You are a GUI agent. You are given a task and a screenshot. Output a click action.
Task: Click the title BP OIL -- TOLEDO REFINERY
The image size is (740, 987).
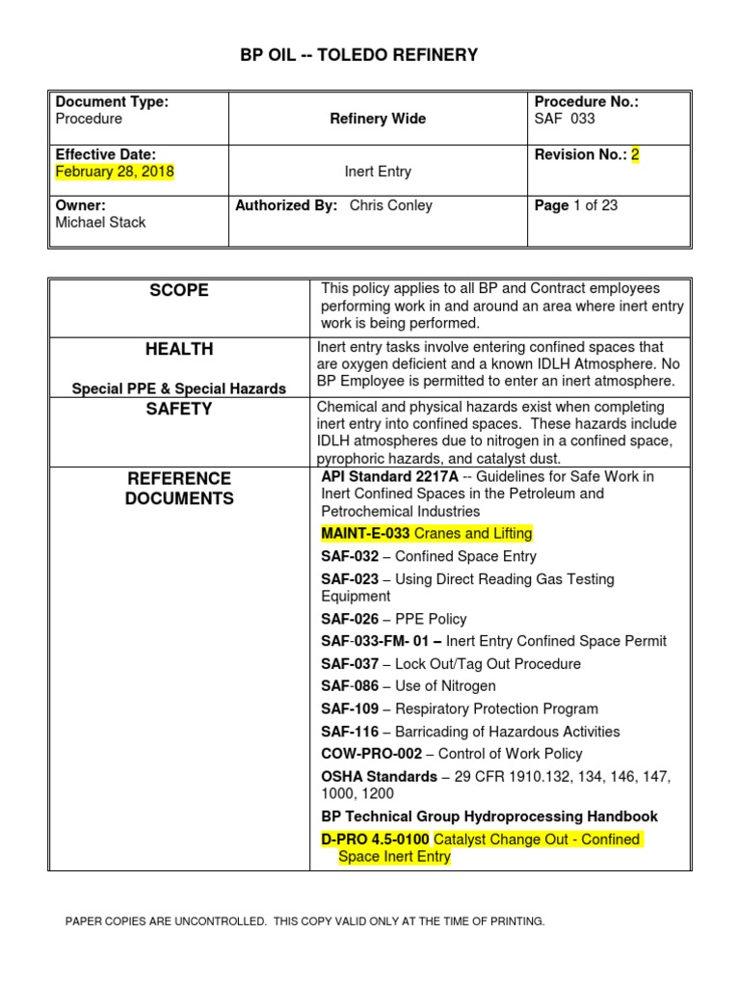point(358,55)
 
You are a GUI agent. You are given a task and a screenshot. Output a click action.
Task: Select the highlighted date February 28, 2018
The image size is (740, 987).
point(115,172)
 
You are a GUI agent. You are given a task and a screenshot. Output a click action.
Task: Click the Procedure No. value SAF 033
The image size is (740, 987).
point(565,119)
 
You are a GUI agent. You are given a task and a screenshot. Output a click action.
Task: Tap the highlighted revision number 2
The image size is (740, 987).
point(635,154)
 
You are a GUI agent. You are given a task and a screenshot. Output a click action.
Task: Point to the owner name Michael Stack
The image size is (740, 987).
point(100,223)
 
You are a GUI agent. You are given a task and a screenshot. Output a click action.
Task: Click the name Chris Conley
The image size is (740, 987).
point(390,205)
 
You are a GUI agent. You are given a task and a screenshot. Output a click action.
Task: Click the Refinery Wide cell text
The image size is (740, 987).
point(378,119)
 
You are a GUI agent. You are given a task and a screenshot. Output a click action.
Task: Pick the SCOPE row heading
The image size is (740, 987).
point(178,290)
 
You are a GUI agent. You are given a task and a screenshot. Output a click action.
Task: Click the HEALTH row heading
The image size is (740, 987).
point(178,349)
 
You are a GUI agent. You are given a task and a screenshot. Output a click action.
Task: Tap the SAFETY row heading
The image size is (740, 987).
point(178,409)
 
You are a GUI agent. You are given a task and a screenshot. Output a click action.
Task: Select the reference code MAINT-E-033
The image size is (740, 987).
point(365,533)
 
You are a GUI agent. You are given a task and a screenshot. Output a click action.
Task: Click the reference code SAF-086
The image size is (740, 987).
point(350,686)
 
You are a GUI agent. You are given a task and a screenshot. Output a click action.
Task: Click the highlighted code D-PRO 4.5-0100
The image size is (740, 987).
point(375,840)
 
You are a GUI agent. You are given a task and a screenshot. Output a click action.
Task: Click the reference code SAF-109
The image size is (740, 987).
point(350,708)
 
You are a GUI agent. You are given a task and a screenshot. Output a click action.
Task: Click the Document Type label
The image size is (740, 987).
point(112,102)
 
